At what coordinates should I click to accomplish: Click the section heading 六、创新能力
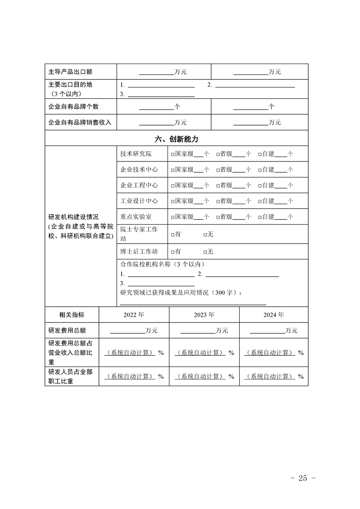177,139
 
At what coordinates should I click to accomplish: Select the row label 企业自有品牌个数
73,107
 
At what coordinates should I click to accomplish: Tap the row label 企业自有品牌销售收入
79,122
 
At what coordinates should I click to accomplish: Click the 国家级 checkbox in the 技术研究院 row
173,154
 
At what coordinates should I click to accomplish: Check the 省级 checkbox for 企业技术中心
218,170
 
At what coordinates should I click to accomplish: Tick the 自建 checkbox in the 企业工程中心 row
260,186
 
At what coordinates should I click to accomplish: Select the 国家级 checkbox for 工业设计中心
173,201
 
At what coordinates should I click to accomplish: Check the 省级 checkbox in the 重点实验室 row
218,217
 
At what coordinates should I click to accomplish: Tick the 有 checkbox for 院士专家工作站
173,235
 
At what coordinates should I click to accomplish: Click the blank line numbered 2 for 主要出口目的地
255,85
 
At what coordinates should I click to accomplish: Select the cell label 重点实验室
136,217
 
